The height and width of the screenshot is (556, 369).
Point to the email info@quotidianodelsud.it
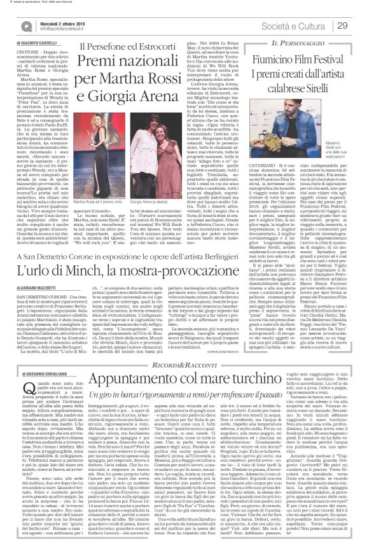[46, 29]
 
